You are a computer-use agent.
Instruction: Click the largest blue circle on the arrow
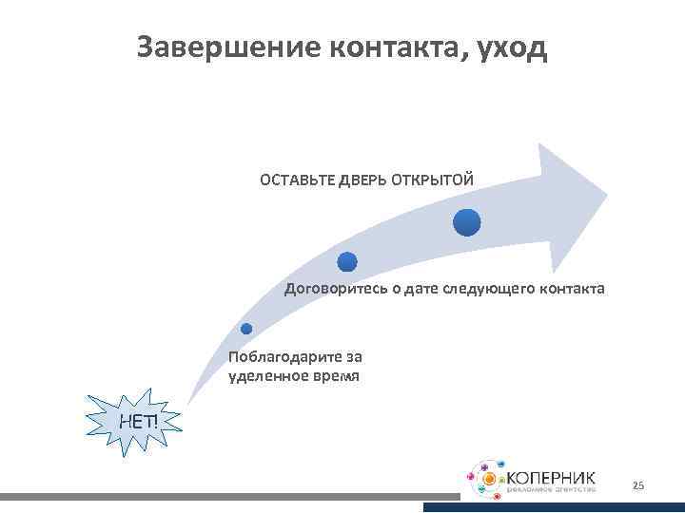click(x=466, y=222)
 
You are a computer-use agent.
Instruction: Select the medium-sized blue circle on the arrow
click(x=347, y=262)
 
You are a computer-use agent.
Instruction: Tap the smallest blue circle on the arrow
click(x=245, y=329)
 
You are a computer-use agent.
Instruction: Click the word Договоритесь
click(x=328, y=288)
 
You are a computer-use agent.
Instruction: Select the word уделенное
click(x=263, y=376)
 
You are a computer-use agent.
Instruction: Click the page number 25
click(x=637, y=486)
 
